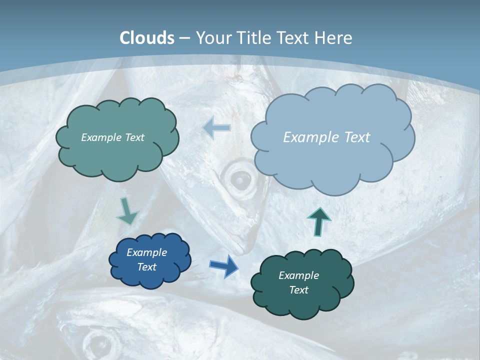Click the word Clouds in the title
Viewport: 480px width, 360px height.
(147, 38)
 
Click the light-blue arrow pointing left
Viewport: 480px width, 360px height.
(217, 128)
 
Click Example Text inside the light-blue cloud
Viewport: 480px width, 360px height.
(326, 137)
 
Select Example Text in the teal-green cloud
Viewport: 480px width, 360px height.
(112, 137)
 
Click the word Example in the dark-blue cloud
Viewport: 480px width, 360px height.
(146, 252)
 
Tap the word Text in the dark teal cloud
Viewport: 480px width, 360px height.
(298, 290)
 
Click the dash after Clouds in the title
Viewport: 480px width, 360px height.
(184, 38)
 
